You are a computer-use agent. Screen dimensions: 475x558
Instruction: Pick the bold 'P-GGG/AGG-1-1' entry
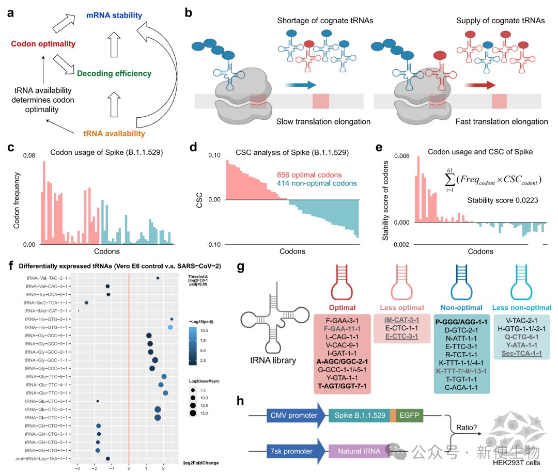(461, 322)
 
